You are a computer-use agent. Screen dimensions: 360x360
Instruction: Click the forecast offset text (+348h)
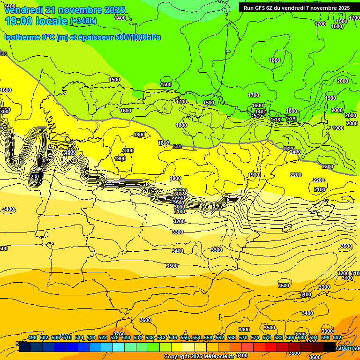[x=83, y=21]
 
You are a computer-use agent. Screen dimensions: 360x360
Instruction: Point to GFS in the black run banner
[x=260, y=8]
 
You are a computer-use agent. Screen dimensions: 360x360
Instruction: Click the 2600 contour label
[x=69, y=152]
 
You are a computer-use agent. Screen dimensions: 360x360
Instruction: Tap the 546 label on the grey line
[x=177, y=147]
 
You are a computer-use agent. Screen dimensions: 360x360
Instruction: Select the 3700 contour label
[x=119, y=334]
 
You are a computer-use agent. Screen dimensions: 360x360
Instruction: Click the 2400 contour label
[x=295, y=152]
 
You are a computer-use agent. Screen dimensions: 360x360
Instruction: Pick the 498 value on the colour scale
[x=32, y=337]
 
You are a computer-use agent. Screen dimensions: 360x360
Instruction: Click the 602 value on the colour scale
[x=337, y=337]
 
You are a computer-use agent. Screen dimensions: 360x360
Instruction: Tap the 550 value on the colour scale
[x=185, y=337]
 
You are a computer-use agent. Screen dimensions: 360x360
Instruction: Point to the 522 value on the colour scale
[x=103, y=337]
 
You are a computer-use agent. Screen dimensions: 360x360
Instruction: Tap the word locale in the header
[x=51, y=21]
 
